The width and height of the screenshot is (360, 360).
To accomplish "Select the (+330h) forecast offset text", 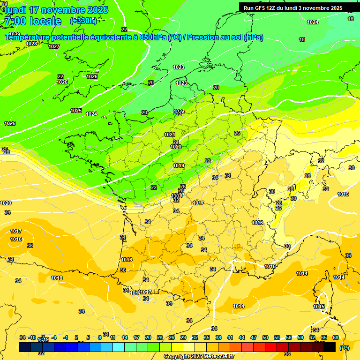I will pos(83,21).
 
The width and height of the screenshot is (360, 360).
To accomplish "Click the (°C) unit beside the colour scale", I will pos(344,347).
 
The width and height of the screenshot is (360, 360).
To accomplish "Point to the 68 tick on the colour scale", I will pos(336,337).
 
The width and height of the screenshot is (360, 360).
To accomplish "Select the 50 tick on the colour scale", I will pos(265,337).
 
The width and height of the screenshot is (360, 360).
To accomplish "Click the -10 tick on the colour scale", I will pos(32,337).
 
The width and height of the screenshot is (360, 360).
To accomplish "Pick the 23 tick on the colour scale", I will pos(160,337).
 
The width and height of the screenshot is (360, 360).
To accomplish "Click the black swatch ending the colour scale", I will pos(330,347).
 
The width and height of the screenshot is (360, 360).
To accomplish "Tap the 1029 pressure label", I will pos(15,34).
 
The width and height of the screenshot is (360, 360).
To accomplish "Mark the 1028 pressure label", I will pos(31,44).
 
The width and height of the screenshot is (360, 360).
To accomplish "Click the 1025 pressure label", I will pos(76,111).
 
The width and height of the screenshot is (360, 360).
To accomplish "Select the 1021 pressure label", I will pos(170,135).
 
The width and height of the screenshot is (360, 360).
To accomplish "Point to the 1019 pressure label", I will pos(179,165).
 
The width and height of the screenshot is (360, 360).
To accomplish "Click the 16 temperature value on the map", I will pos(351,19).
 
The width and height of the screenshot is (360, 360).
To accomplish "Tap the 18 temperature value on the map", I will pos(302,40).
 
